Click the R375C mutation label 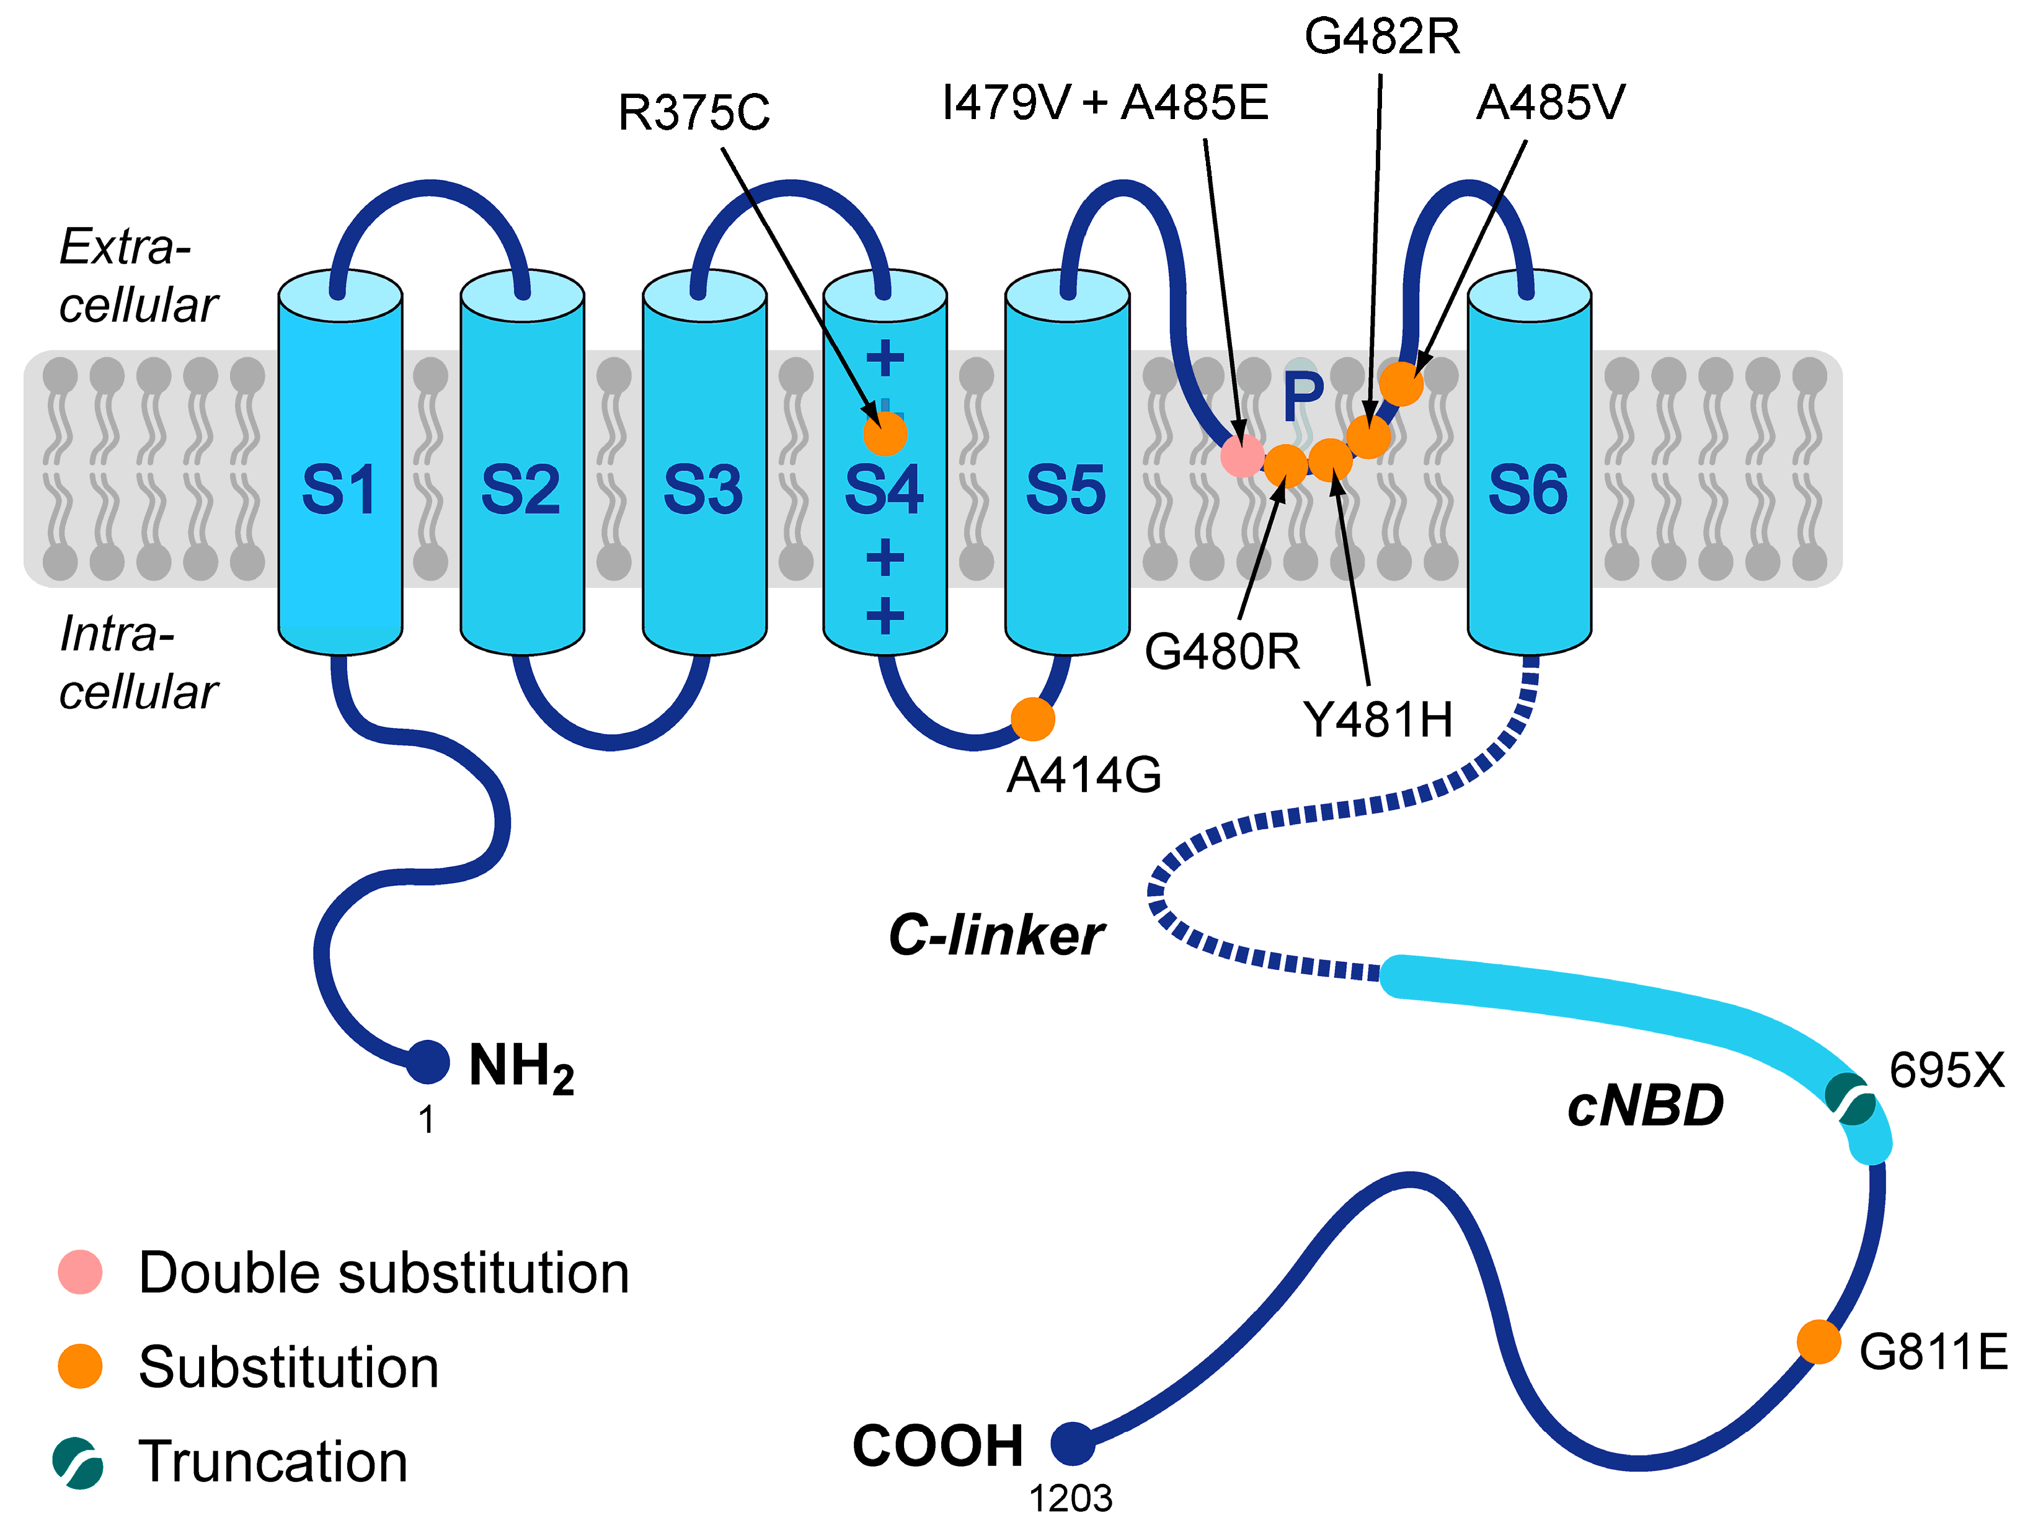point(694,113)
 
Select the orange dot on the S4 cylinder point(884,433)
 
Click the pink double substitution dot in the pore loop point(1243,455)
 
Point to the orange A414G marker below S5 point(1032,719)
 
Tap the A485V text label point(1550,102)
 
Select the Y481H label point(1377,719)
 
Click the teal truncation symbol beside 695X point(1850,1099)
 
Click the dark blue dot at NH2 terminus point(428,1063)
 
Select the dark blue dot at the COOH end point(1072,1444)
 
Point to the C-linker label point(996,936)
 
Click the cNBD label point(1645,1106)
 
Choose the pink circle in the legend point(79,1272)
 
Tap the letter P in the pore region point(1303,394)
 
